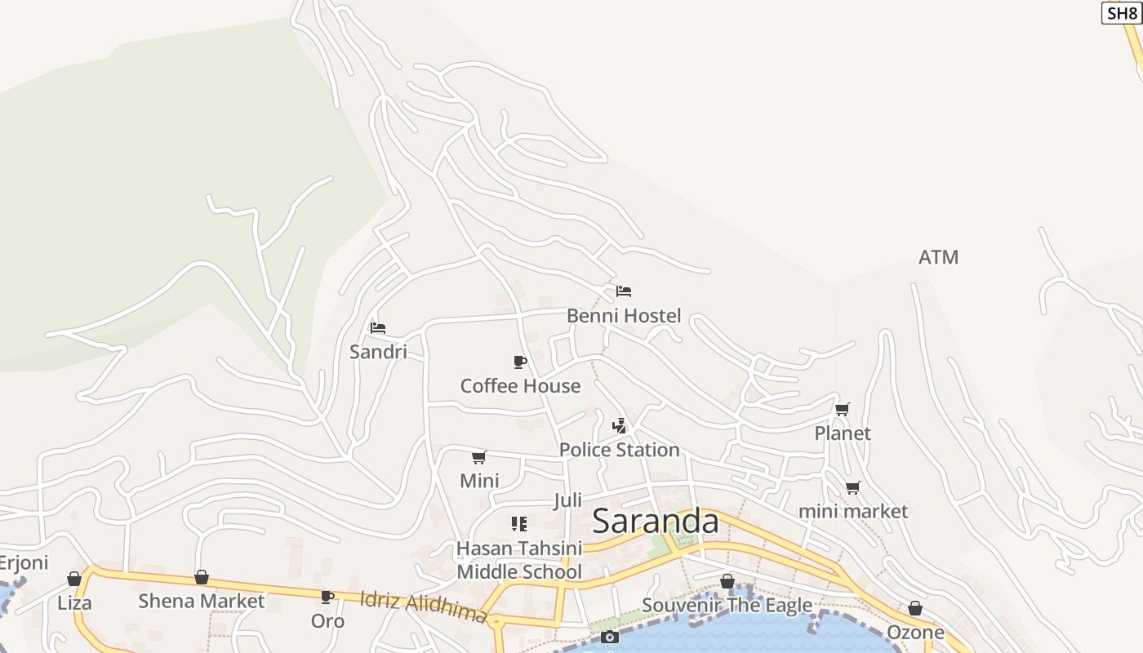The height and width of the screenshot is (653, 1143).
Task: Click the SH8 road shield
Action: tap(1122, 13)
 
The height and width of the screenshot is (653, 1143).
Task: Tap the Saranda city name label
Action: tap(655, 521)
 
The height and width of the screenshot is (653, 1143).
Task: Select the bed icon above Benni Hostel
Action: tap(624, 291)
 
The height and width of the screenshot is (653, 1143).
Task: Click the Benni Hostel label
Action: tap(624, 316)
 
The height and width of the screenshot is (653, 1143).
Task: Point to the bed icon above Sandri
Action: tap(377, 328)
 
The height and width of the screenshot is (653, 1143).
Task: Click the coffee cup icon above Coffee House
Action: tap(520, 362)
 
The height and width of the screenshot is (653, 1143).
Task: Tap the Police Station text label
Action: tap(619, 450)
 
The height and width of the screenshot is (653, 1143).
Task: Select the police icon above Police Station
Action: tap(620, 425)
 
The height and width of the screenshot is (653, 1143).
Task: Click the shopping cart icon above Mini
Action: tap(479, 457)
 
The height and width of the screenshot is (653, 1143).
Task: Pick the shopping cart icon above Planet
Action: tap(842, 409)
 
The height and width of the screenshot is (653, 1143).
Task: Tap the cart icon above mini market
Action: tap(852, 487)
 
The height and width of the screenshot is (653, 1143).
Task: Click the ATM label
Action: tap(938, 257)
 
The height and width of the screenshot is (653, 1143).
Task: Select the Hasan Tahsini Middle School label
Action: tap(519, 560)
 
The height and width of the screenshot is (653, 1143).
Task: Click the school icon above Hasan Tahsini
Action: tap(519, 523)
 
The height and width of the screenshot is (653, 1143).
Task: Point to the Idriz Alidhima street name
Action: tap(424, 606)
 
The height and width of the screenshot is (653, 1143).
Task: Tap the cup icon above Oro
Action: tap(327, 597)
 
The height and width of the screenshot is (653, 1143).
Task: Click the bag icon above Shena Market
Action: tap(202, 577)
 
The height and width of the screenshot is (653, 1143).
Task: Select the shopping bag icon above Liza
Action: tap(74, 579)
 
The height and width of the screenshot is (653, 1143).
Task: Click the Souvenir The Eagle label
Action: tap(727, 605)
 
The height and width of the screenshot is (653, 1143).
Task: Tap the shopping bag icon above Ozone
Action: tap(915, 608)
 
